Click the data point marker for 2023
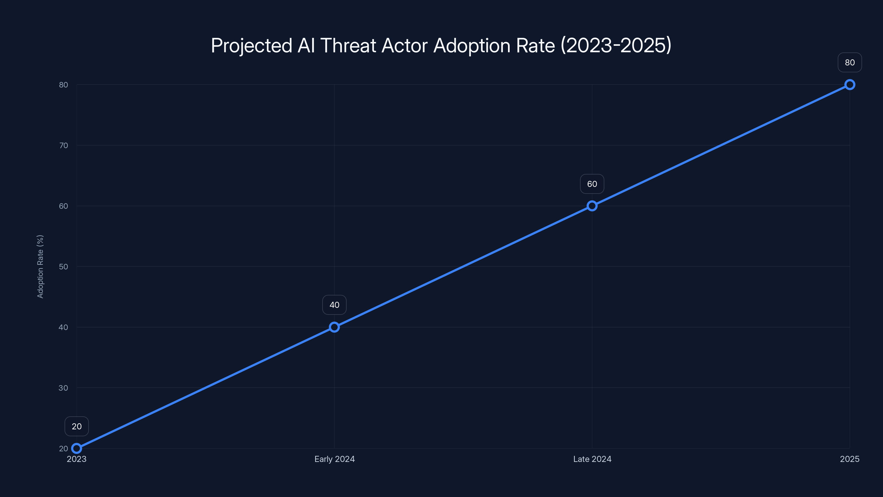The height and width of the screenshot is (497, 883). [x=76, y=448]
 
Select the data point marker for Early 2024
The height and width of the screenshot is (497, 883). [x=334, y=327]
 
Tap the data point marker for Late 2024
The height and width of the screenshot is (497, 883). [x=592, y=206]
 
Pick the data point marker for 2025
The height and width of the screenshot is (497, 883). [x=850, y=85]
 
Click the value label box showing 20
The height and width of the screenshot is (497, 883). [x=76, y=426]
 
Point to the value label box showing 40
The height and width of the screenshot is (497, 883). [x=334, y=305]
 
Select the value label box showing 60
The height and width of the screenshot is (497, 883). [x=592, y=184]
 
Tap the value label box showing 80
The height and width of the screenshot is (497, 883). [x=850, y=62]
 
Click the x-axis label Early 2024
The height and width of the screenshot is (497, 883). [x=334, y=459]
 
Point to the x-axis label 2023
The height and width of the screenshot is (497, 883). [x=76, y=459]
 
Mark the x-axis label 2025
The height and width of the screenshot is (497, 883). [x=849, y=459]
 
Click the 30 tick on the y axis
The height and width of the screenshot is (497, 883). [x=63, y=388]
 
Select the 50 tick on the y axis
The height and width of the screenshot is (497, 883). [x=63, y=266]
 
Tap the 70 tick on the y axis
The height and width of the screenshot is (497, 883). [x=63, y=146]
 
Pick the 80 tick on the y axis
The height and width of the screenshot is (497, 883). [x=63, y=85]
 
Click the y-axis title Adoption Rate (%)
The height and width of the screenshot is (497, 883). [x=40, y=266]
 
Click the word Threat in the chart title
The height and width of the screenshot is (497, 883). [x=348, y=45]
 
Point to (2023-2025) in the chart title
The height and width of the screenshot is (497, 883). [x=616, y=45]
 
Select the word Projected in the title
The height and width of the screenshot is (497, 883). [x=252, y=45]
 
